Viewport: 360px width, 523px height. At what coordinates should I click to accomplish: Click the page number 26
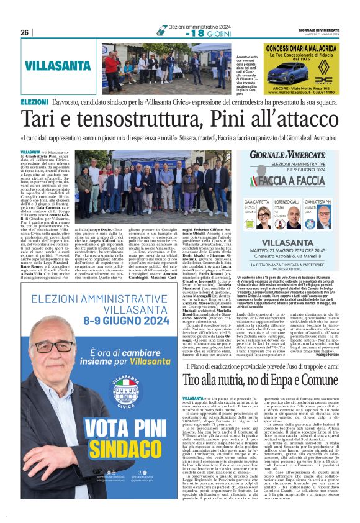(x=25, y=32)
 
